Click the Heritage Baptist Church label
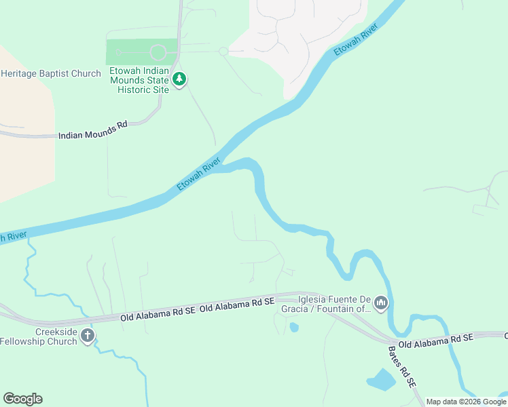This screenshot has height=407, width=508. click(x=51, y=73)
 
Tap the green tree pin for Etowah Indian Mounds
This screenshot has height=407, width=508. click(x=179, y=79)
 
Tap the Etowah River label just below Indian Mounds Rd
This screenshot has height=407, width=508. click(x=199, y=175)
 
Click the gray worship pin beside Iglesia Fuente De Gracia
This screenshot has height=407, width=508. click(x=380, y=303)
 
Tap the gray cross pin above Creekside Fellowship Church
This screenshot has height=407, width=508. click(x=87, y=335)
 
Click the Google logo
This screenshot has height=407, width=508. click(x=22, y=399)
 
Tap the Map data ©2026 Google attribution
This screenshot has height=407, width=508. click(x=466, y=402)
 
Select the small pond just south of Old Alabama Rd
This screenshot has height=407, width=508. click(x=293, y=328)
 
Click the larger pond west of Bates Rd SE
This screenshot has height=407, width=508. click(x=381, y=380)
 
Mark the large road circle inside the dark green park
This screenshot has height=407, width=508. click(x=158, y=52)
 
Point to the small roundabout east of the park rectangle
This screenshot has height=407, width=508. click(x=223, y=52)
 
